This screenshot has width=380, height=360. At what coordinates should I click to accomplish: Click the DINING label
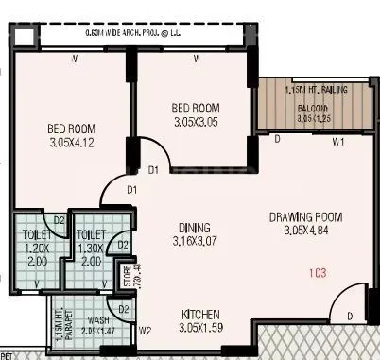[x=193, y=228]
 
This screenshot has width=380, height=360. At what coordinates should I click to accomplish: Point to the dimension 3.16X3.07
[x=193, y=242]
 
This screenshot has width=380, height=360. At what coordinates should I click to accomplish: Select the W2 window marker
[x=145, y=331]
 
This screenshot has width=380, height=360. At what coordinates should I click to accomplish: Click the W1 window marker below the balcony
[x=337, y=144]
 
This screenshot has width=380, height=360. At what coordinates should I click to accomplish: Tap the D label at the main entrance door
[x=350, y=316]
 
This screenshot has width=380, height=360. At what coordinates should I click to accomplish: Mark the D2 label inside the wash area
[x=123, y=309]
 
